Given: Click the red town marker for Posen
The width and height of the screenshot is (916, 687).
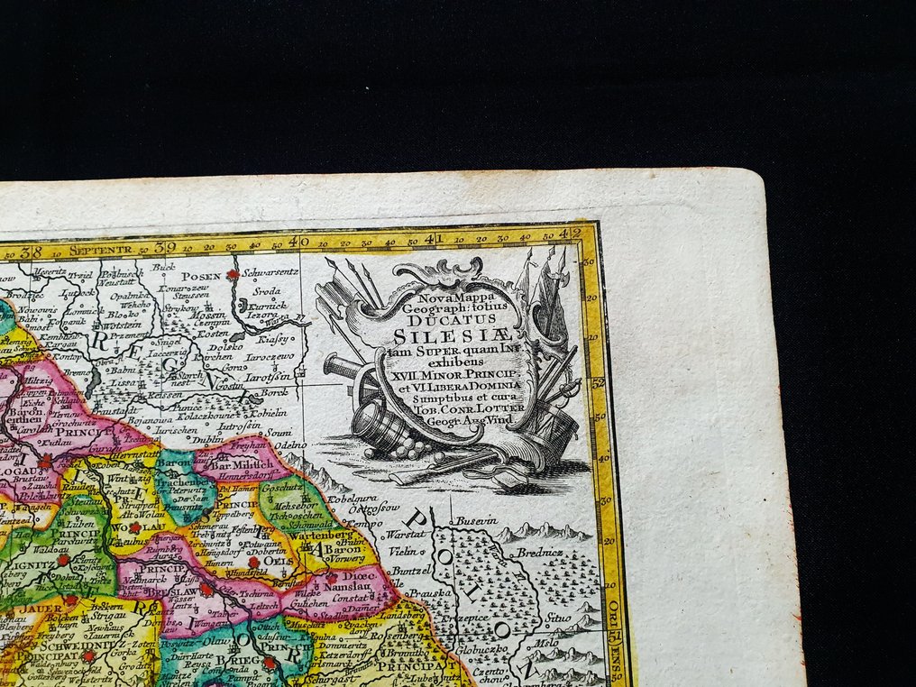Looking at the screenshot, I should [233, 274].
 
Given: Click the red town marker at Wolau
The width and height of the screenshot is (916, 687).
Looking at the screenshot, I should [134, 527].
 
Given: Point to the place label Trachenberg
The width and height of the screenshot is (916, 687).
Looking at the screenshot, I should [183, 484].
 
